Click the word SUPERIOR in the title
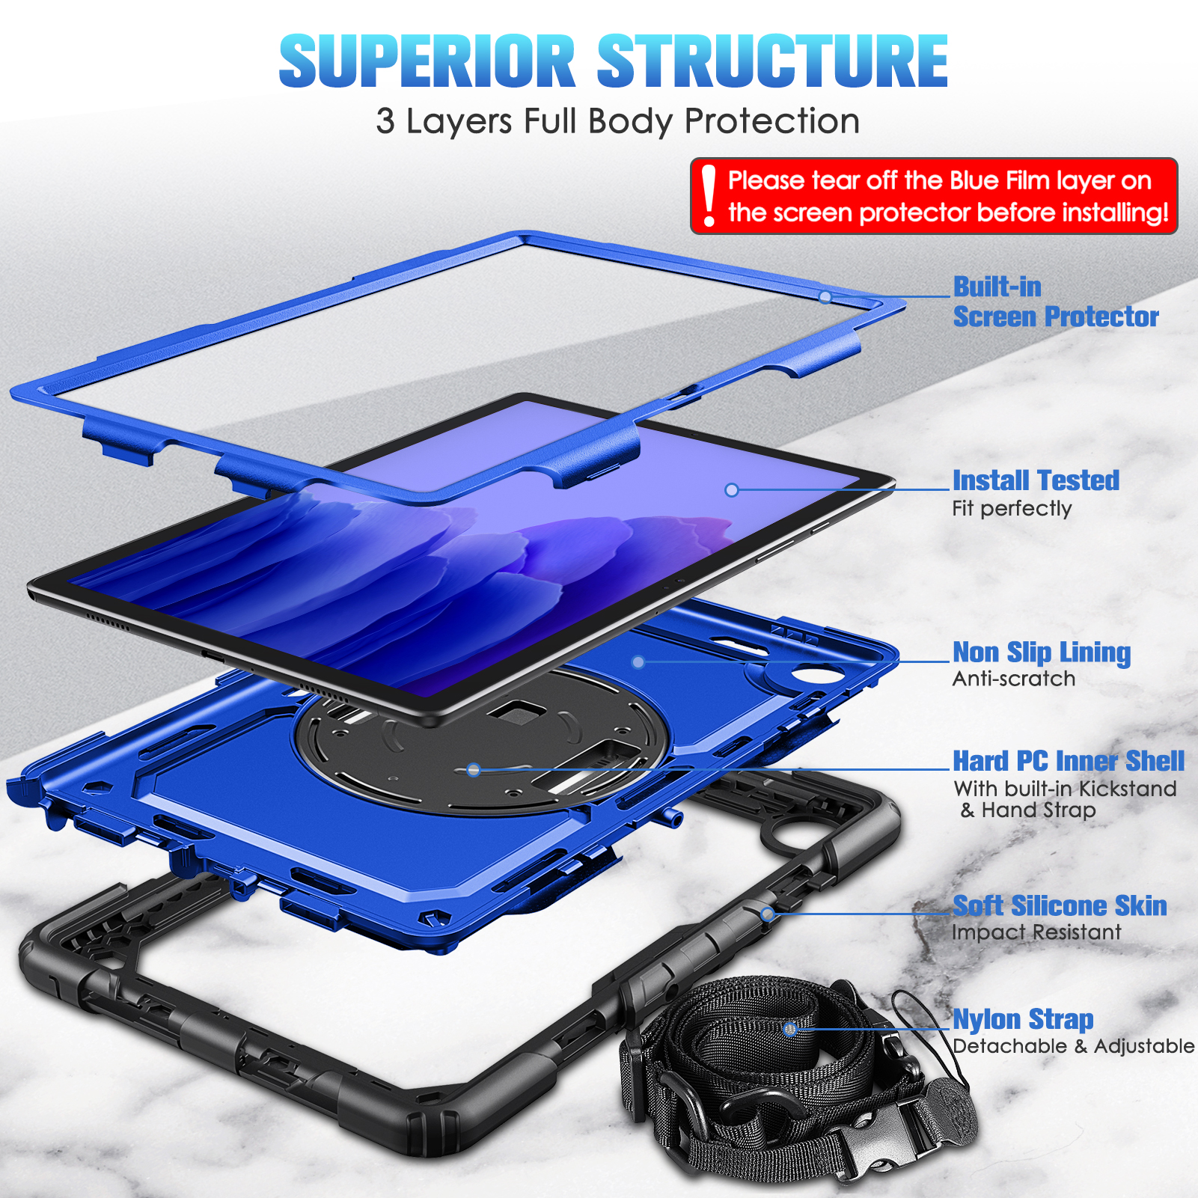click(x=427, y=61)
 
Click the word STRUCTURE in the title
click(x=772, y=61)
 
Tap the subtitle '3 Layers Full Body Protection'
click(x=617, y=121)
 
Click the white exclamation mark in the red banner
click(x=709, y=196)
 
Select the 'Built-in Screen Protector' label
click(x=1055, y=302)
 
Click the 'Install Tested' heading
click(x=1036, y=480)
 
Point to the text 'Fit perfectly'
click(x=1012, y=509)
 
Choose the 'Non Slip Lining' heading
click(x=1042, y=653)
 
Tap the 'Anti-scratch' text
click(x=1014, y=679)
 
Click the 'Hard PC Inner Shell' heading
click(x=1069, y=761)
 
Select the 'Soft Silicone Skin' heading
click(x=1060, y=906)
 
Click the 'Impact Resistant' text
click(x=1036, y=932)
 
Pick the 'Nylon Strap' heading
click(x=1023, y=1020)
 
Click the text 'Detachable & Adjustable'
click(x=1074, y=1046)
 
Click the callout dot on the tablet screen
click(x=732, y=490)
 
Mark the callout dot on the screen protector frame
click(x=825, y=297)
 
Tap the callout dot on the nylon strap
click(x=789, y=1029)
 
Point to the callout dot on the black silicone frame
click(x=767, y=914)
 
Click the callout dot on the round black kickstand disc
click(x=473, y=769)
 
